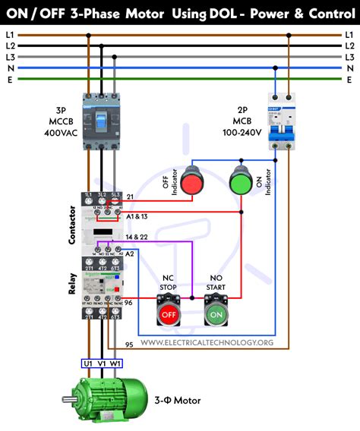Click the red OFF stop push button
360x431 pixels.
pyautogui.click(x=169, y=312)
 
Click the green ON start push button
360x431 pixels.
pyautogui.click(x=216, y=312)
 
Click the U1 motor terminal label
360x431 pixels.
pyautogui.click(x=87, y=363)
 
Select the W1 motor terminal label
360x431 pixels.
pyautogui.click(x=115, y=363)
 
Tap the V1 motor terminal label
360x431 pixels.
pyautogui.click(x=102, y=363)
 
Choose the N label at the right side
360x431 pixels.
pyautogui.click(x=350, y=68)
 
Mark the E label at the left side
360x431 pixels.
pyautogui.click(x=9, y=78)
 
